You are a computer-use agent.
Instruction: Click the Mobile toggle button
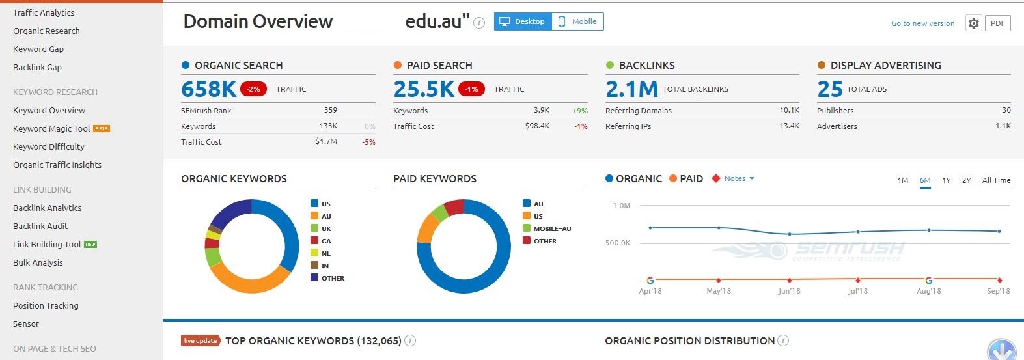[577, 21]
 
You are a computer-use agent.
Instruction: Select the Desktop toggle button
[523, 21]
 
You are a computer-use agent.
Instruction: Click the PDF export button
[997, 23]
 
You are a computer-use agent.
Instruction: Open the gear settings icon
[973, 23]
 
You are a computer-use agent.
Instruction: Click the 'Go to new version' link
[922, 23]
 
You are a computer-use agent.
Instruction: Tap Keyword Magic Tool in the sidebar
[51, 129]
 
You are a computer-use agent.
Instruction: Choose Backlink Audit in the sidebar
[40, 227]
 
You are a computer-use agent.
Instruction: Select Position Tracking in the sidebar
[46, 306]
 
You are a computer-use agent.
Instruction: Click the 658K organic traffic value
[209, 89]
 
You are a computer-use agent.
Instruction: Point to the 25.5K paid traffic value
[424, 89]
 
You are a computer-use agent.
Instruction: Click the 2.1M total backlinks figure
[631, 89]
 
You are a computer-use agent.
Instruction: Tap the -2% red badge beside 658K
[253, 89]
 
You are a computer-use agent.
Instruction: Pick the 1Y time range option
[946, 180]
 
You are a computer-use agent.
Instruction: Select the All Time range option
[996, 180]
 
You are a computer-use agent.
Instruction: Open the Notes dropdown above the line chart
[738, 178]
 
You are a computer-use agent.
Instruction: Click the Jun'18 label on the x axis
[789, 291]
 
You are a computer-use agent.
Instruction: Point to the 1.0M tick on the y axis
[621, 206]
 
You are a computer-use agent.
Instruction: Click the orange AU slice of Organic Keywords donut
[247, 281]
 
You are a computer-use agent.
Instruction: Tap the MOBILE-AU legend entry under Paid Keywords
[552, 229]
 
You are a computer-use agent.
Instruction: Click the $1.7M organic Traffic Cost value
[326, 142]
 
